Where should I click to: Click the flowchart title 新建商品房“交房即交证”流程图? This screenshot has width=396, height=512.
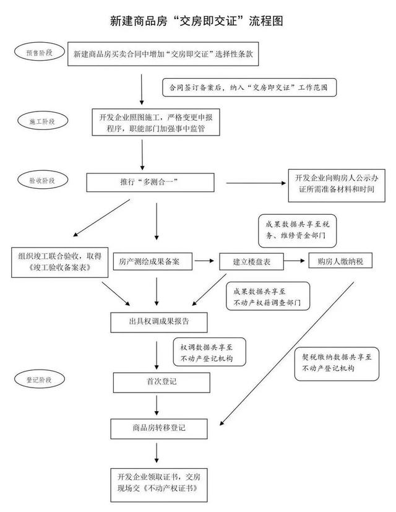[197, 21]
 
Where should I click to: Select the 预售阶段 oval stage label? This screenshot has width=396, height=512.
[39, 53]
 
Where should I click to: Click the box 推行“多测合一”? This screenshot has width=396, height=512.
[155, 183]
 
